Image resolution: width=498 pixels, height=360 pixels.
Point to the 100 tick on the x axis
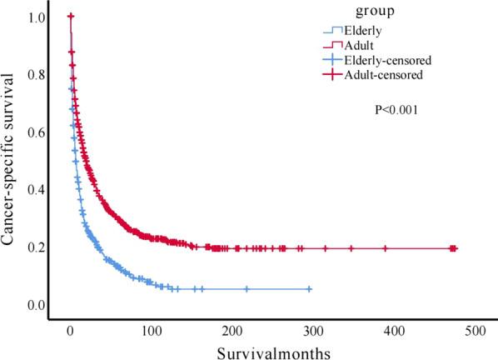point(151,331)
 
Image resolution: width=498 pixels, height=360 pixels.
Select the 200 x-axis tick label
point(232,331)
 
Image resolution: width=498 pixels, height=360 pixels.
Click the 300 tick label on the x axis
point(312,331)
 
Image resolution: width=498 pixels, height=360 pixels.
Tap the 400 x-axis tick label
point(393,331)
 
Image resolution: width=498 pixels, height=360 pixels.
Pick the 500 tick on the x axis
point(474,331)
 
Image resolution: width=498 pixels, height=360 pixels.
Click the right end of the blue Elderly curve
point(311,288)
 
